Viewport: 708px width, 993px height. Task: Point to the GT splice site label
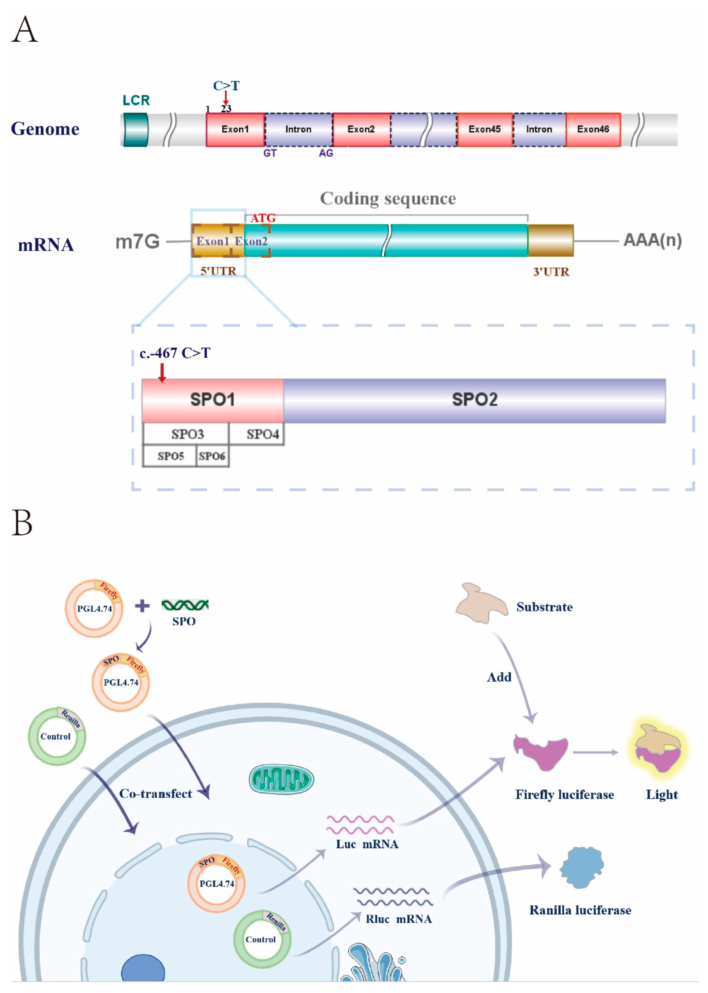tap(270, 153)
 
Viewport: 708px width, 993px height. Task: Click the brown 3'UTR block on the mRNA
tap(551, 240)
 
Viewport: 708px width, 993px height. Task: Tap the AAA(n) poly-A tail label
tap(652, 240)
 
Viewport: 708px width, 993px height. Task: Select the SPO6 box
tap(212, 456)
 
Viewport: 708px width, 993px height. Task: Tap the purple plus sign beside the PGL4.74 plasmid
tap(142, 606)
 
